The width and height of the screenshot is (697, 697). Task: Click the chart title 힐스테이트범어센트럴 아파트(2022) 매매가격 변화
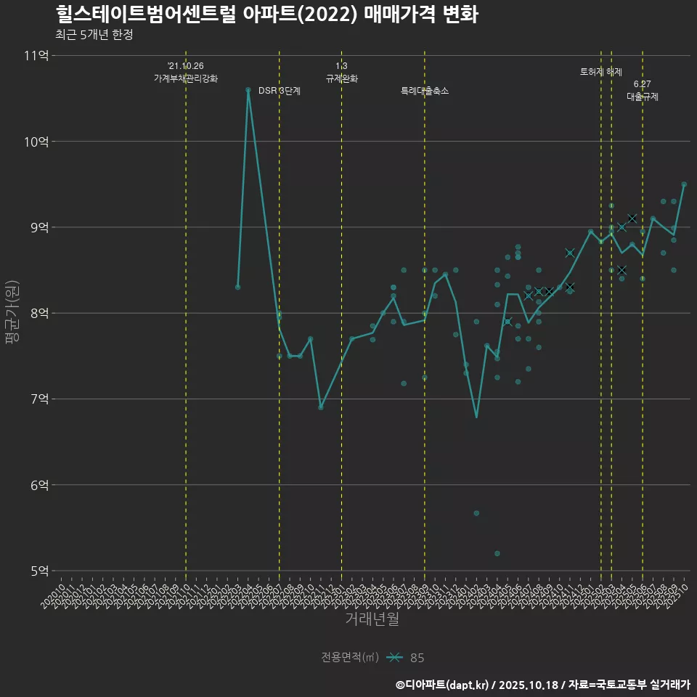click(266, 15)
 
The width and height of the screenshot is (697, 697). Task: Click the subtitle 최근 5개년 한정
click(94, 35)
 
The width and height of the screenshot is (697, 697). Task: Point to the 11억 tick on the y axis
click(36, 56)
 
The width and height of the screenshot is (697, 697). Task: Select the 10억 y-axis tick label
click(36, 142)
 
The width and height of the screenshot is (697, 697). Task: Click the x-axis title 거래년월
click(372, 619)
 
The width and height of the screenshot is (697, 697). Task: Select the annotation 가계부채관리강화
click(186, 78)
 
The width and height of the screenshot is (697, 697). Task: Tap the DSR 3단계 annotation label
click(280, 91)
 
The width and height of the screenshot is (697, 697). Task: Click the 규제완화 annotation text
click(342, 78)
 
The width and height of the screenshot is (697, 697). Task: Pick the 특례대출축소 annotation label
click(425, 91)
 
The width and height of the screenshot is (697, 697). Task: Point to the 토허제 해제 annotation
click(601, 72)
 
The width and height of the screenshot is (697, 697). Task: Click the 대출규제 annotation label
click(643, 97)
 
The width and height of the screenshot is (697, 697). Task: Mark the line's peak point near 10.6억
click(248, 90)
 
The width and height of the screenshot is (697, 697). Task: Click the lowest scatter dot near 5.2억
click(497, 553)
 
